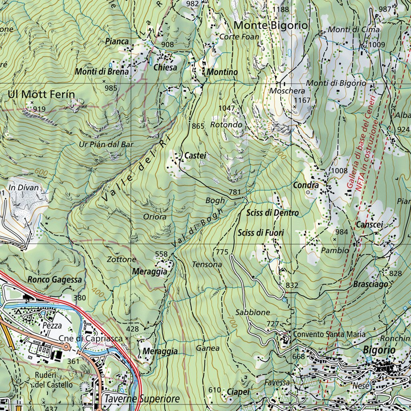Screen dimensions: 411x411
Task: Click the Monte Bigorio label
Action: click(271, 25)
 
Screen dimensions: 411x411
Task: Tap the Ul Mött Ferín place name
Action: click(41, 95)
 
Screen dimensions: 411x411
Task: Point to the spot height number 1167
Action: click(303, 100)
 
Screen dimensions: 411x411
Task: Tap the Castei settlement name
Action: click(195, 155)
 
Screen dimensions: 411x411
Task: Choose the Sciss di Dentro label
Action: click(273, 213)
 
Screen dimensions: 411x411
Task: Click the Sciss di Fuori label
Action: click(261, 233)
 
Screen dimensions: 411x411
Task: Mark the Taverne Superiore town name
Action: click(142, 399)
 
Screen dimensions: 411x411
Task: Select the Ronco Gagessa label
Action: click(55, 280)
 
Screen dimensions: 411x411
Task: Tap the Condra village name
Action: click(305, 185)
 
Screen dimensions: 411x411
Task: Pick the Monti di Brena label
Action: click(102, 72)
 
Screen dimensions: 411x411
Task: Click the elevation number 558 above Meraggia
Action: click(161, 254)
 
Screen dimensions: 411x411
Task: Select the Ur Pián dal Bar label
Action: click(106, 144)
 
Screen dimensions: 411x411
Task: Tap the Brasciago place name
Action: click(371, 284)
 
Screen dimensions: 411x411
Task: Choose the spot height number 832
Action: click(292, 285)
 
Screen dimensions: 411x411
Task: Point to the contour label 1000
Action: click(279, 153)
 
